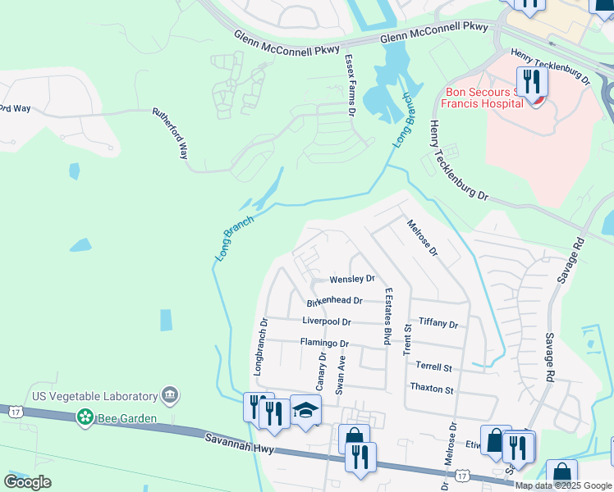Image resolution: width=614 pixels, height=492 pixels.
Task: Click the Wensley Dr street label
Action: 351,280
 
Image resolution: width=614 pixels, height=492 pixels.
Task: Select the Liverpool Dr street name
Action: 326,321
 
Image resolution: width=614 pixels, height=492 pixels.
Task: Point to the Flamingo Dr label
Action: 324,343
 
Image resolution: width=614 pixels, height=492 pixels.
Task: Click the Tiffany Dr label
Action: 438,324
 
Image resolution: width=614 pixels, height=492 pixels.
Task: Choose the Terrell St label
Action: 434,367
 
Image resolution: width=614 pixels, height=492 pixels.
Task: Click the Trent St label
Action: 406,339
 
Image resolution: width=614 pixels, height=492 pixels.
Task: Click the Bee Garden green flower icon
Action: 85,418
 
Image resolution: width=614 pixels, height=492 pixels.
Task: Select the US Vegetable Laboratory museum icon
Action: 171,395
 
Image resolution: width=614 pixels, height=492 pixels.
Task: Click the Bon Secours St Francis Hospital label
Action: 483,98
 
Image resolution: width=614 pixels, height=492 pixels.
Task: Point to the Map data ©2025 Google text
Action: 562,485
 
